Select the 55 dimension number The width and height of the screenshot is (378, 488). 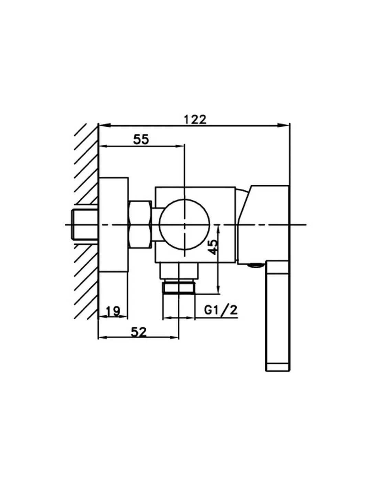(141, 139)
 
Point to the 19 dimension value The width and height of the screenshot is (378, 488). (113, 311)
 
